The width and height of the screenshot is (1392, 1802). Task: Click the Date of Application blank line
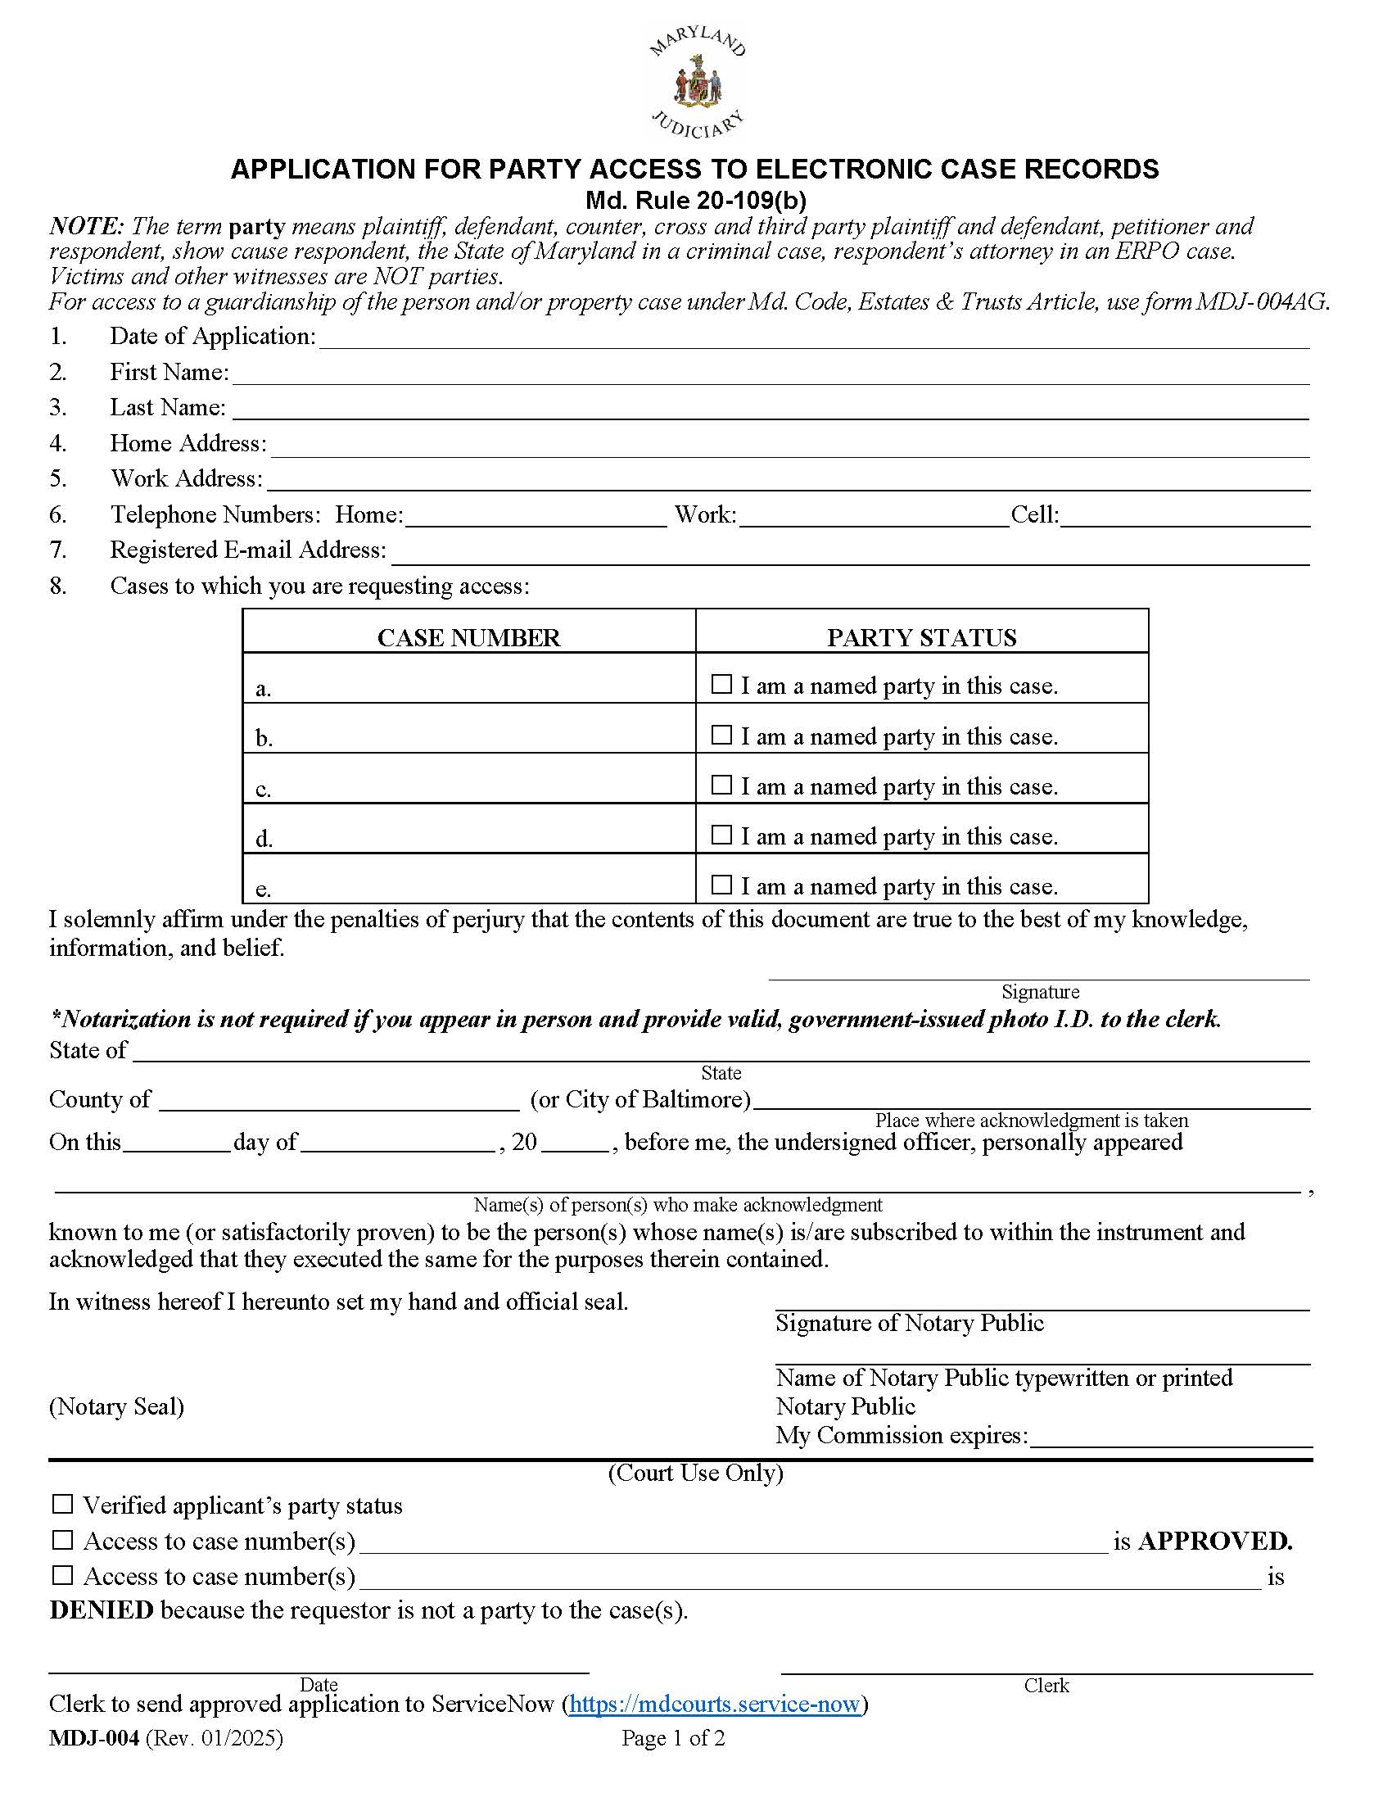(813, 338)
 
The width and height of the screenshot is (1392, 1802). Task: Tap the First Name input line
(771, 374)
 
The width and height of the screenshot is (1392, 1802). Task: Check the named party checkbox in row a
(721, 685)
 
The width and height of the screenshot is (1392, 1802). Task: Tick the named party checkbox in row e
(721, 885)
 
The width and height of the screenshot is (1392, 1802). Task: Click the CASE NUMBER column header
(468, 638)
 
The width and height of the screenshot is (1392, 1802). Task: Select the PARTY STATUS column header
(921, 638)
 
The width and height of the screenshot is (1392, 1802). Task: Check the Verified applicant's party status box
(63, 1504)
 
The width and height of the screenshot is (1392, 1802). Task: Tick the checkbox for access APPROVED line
(63, 1540)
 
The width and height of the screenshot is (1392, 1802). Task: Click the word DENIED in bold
(102, 1610)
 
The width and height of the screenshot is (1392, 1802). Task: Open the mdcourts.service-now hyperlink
(714, 1704)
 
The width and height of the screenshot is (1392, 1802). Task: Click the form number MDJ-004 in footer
(95, 1738)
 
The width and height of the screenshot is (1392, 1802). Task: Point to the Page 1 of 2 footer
(673, 1738)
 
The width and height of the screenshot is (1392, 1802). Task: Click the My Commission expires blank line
(1171, 1437)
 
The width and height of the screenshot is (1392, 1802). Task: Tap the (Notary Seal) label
(116, 1406)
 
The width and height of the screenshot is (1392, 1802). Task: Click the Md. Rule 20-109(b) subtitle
(695, 201)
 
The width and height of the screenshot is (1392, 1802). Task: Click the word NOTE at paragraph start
(86, 226)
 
